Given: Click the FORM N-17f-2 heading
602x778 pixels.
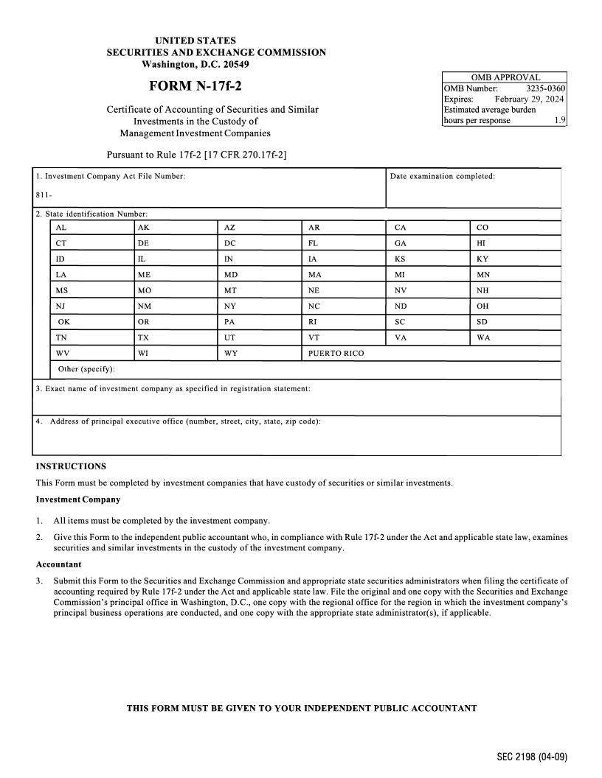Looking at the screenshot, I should pyautogui.click(x=195, y=86).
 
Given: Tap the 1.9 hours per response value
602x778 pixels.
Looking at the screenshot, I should pyautogui.click(x=559, y=120).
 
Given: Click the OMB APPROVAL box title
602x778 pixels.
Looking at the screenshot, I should pyautogui.click(x=505, y=77).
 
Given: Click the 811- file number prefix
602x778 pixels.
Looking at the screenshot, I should pyautogui.click(x=44, y=195).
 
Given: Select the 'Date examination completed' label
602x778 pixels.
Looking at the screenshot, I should pyautogui.click(x=442, y=176).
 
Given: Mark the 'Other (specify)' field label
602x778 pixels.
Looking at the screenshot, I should pyautogui.click(x=86, y=368).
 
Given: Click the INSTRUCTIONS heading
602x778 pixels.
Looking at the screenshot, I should pyautogui.click(x=71, y=466).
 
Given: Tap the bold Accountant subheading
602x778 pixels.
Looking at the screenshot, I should pyautogui.click(x=58, y=564).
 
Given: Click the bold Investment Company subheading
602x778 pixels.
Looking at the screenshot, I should pyautogui.click(x=78, y=500).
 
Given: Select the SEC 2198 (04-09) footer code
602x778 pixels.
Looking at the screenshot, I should pyautogui.click(x=531, y=757).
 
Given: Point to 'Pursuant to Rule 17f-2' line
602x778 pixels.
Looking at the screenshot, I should pyautogui.click(x=196, y=155).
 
